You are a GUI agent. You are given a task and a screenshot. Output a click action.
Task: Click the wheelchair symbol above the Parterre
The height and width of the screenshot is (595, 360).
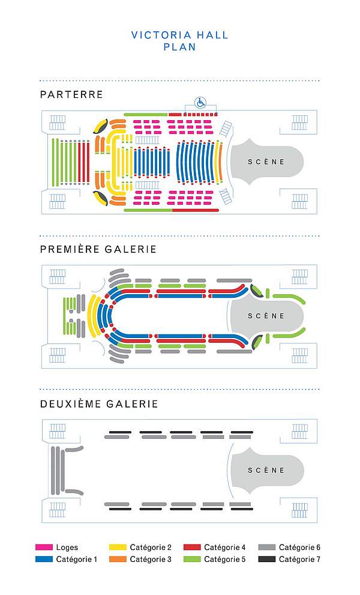(x=200, y=103)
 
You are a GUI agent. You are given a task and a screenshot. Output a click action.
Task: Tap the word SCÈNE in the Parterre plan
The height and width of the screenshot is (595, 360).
(x=266, y=162)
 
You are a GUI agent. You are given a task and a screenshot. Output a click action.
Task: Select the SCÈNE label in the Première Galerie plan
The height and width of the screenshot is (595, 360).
(x=266, y=316)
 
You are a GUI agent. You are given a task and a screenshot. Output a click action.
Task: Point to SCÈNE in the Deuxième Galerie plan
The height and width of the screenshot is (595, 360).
(x=266, y=470)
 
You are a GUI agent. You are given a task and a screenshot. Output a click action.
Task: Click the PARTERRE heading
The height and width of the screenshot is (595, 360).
(x=71, y=94)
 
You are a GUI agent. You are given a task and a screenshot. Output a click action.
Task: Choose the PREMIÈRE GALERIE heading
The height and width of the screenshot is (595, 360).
(x=98, y=249)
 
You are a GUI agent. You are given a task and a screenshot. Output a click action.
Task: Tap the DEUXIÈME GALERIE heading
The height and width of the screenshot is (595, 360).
(x=99, y=404)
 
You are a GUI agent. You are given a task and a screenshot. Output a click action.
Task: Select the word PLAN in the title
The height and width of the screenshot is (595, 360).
(x=179, y=47)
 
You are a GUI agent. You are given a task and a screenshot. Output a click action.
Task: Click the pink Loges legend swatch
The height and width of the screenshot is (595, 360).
(x=44, y=548)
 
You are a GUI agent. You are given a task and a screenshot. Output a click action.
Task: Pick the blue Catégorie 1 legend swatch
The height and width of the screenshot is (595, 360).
(x=44, y=559)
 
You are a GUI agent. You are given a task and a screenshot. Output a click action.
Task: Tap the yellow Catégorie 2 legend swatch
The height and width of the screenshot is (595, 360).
(x=118, y=548)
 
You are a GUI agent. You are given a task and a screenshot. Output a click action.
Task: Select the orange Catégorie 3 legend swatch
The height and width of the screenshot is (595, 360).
(x=118, y=559)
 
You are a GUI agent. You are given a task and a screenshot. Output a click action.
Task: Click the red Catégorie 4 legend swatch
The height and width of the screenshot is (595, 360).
(x=191, y=548)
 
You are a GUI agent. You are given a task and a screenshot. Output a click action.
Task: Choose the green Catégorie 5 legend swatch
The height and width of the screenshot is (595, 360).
(x=191, y=559)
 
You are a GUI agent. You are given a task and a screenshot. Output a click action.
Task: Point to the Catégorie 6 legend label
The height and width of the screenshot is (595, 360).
(x=299, y=548)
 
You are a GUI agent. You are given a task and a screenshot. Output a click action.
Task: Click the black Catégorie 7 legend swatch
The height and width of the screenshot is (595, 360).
(x=266, y=559)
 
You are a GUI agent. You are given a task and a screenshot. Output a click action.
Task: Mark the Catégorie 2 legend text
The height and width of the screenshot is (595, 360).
(x=151, y=548)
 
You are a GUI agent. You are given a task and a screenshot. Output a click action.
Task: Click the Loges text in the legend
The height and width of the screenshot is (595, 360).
(x=67, y=548)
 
